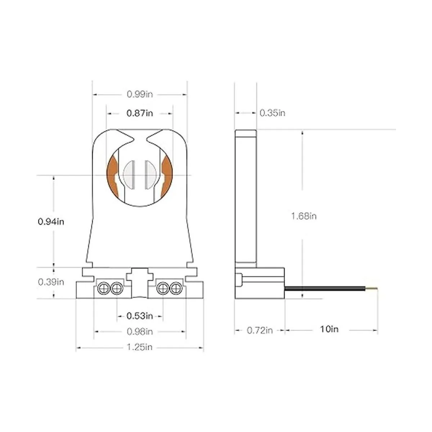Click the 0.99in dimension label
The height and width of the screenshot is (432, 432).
click(140, 94)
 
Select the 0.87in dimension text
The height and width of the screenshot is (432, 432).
click(140, 113)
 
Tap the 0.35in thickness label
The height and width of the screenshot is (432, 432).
click(273, 113)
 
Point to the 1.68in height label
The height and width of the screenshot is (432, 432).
click(304, 216)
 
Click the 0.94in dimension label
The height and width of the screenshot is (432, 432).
click(51, 222)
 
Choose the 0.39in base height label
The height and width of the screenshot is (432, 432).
click(51, 282)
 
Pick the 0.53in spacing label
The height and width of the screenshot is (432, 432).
click(140, 316)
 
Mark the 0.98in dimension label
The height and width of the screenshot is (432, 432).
click(140, 331)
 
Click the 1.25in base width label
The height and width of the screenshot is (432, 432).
click(140, 347)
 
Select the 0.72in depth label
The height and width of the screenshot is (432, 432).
click(260, 330)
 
